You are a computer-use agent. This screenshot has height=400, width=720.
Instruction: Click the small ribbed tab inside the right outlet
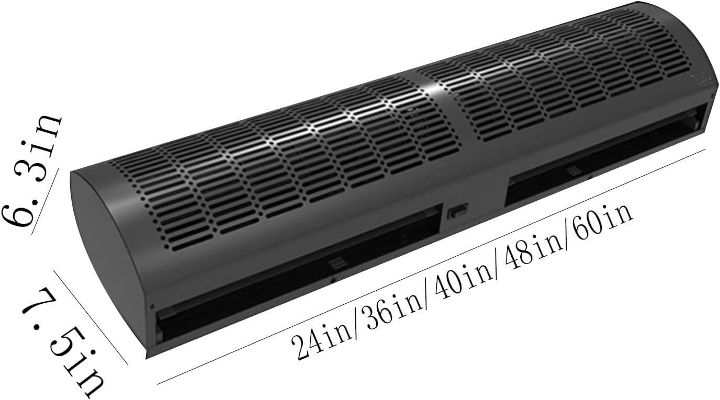tap(573, 170)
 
